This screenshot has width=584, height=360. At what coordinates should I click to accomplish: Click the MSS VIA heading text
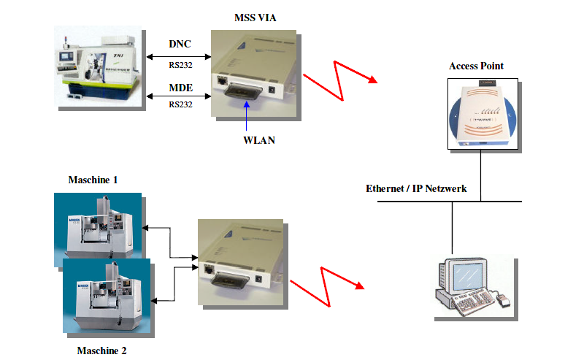click(x=255, y=18)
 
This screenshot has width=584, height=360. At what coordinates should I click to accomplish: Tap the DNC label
click(x=180, y=44)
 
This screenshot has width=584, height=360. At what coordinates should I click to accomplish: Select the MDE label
click(x=180, y=88)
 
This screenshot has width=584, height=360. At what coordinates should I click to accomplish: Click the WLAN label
click(x=259, y=140)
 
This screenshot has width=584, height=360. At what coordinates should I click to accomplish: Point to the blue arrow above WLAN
click(x=246, y=116)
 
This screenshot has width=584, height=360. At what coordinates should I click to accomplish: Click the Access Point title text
click(x=476, y=66)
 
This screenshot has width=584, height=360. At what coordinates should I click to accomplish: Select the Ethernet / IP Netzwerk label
click(x=416, y=188)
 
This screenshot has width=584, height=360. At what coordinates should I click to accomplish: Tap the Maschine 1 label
click(x=93, y=180)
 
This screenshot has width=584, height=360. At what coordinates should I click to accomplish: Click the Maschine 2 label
click(x=101, y=351)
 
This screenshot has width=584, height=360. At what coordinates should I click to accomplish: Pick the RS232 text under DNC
click(x=180, y=65)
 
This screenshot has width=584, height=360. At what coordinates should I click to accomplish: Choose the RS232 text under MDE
click(x=180, y=104)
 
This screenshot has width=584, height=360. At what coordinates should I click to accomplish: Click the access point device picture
click(x=483, y=114)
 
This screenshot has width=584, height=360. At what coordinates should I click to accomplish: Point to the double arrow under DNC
click(x=179, y=57)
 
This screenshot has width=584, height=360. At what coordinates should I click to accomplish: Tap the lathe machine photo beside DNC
click(x=98, y=66)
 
